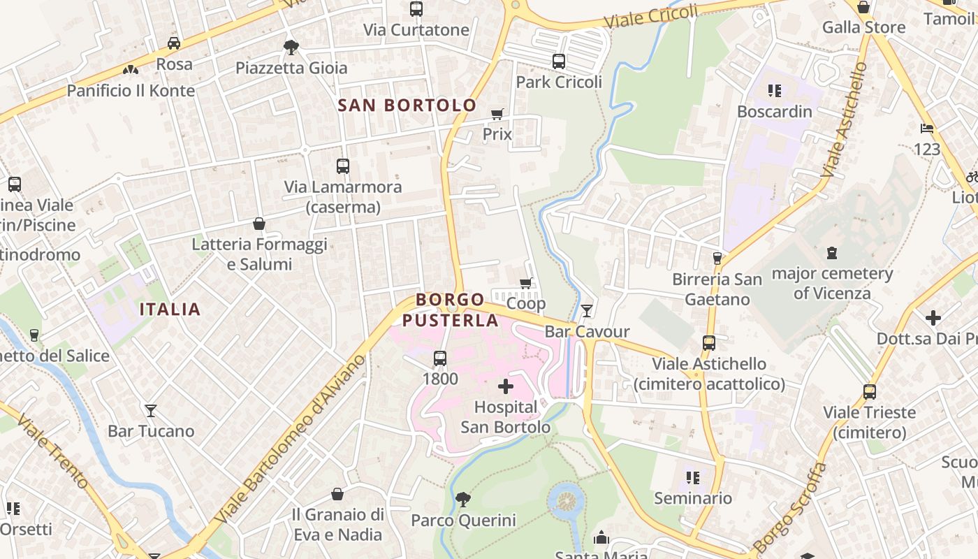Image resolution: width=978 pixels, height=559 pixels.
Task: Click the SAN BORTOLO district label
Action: pyautogui.click(x=407, y=106)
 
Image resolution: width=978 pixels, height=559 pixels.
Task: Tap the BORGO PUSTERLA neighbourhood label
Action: pyautogui.click(x=450, y=310)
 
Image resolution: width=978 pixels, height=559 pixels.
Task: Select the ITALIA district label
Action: pyautogui.click(x=170, y=309)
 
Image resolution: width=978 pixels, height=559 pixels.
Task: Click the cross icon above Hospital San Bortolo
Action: pyautogui.click(x=506, y=386)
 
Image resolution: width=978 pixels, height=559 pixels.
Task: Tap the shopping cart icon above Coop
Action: pyautogui.click(x=526, y=283)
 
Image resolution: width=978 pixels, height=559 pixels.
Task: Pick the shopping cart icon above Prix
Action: pyautogui.click(x=497, y=114)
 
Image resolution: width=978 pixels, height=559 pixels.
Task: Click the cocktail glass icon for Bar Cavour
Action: pyautogui.click(x=587, y=311)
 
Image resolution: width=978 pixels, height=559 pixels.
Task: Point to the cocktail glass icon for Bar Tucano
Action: pyautogui.click(x=151, y=410)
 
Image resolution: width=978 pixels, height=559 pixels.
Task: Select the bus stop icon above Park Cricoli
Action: pyautogui.click(x=559, y=61)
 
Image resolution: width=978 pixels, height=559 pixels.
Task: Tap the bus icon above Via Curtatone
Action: pyautogui.click(x=416, y=9)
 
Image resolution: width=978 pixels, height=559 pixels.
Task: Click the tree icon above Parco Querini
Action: pyautogui.click(x=462, y=500)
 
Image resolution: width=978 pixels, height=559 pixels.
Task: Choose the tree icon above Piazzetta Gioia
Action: pyautogui.click(x=291, y=48)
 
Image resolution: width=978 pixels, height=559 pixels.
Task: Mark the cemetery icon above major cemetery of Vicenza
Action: pyautogui.click(x=832, y=252)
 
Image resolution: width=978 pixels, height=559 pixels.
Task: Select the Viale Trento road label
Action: pyautogui.click(x=52, y=452)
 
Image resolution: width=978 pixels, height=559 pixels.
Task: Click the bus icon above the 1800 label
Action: pyautogui.click(x=440, y=358)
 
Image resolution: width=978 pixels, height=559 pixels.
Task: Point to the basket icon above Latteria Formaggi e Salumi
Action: pyautogui.click(x=259, y=224)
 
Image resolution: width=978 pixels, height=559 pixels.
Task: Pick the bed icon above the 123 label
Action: pyautogui.click(x=927, y=129)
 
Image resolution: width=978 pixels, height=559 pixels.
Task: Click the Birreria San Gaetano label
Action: pyautogui.click(x=717, y=289)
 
